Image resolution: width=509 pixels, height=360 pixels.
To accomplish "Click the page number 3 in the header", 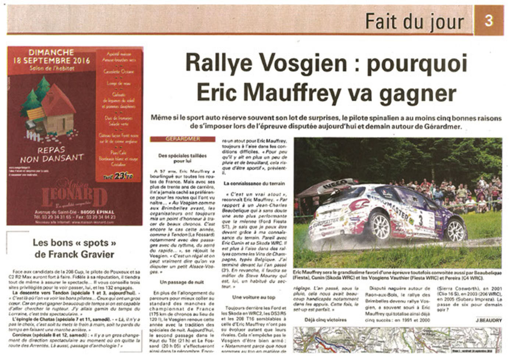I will (488, 20).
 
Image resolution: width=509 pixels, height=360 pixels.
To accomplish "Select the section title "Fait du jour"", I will (414, 22).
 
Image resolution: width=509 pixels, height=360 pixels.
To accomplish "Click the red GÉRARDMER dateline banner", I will (182, 139).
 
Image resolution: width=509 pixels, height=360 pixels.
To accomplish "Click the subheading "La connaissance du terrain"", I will (254, 183).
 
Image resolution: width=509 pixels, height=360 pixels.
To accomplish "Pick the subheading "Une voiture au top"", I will (253, 297).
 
